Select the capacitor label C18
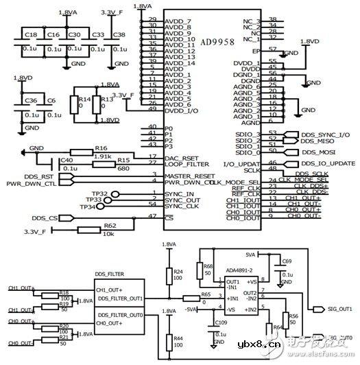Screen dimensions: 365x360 pyautogui.click(x=31, y=34)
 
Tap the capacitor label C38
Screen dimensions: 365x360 pyautogui.click(x=119, y=34)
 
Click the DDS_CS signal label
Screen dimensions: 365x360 pyautogui.click(x=43, y=218)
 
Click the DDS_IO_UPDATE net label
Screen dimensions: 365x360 pyautogui.click(x=328, y=163)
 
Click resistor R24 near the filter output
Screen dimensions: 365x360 pyautogui.click(x=178, y=273)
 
